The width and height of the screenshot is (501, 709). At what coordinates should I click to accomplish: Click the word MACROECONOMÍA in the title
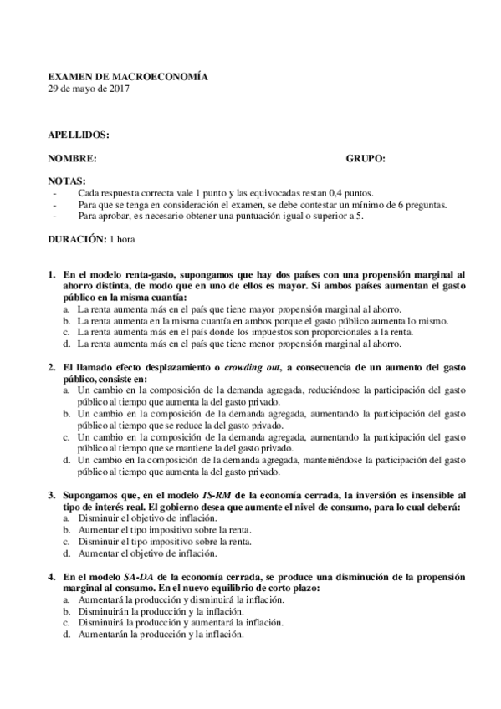(163, 76)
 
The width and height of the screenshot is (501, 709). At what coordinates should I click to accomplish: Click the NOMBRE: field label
(72, 158)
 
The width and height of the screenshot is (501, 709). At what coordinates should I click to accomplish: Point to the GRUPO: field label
(366, 158)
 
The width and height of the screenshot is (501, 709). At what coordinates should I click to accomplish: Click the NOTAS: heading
(66, 181)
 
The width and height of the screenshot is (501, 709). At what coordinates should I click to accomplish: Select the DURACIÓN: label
(76, 240)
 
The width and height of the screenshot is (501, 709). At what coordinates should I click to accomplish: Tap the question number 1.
(51, 273)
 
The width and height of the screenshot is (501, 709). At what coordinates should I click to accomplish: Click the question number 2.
(51, 367)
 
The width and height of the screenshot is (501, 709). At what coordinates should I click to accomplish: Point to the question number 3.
(51, 496)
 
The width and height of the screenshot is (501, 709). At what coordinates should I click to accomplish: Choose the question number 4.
(51, 578)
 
